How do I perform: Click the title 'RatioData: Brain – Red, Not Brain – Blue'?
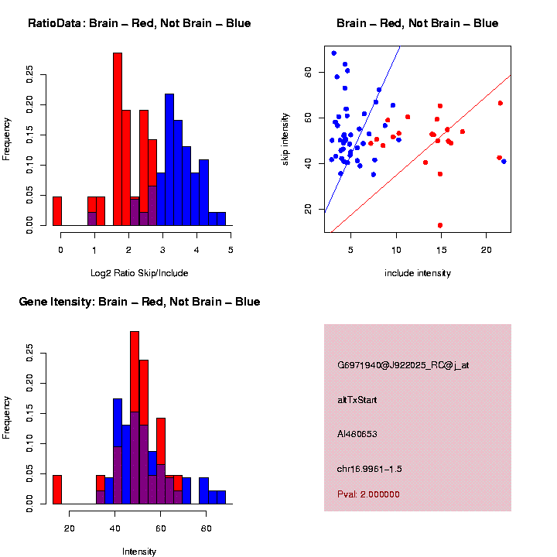click(139, 23)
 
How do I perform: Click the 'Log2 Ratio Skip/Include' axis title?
click(138, 273)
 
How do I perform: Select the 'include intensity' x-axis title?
click(417, 273)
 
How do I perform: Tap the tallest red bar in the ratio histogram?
click(118, 139)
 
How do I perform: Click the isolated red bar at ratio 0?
click(57, 211)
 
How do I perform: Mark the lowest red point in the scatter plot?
click(440, 225)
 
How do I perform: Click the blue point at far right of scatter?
click(504, 162)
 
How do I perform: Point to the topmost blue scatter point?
click(333, 53)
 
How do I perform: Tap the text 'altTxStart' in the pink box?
click(357, 400)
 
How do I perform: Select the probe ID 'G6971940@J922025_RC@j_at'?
click(402, 365)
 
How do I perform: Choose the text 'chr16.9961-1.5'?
click(370, 469)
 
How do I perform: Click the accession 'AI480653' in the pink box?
click(357, 434)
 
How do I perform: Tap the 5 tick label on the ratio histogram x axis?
click(230, 249)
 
